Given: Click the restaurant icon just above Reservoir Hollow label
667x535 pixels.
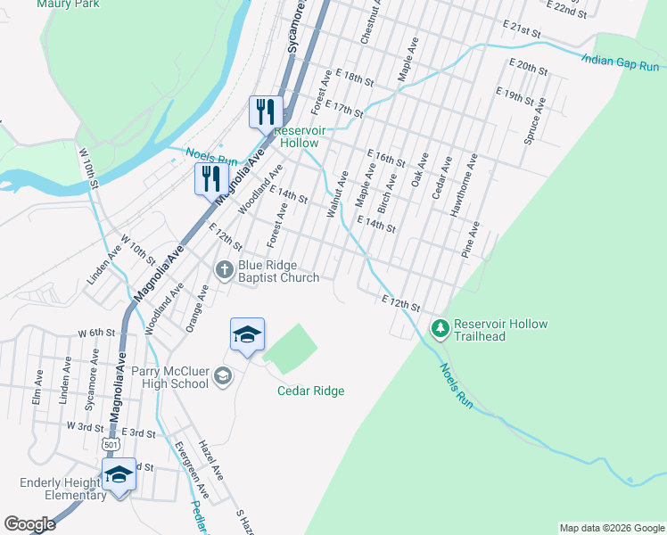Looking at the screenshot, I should pos(265,111).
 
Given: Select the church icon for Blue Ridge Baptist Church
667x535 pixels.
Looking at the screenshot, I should pos(225,268).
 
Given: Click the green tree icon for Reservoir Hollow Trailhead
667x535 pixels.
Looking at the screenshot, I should pos(440,329).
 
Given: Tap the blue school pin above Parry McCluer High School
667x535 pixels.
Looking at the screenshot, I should pos(247,334).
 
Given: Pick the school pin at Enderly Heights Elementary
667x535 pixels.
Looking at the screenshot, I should pos(118,474).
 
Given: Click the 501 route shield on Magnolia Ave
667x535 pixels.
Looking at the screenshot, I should pos(110,443).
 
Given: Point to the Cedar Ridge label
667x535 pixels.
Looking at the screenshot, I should pos(310,391).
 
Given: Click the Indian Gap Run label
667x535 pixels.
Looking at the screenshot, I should pos(622,62).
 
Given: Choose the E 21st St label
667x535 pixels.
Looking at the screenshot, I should pos(521,29).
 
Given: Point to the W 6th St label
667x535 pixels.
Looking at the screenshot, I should pos(97,332).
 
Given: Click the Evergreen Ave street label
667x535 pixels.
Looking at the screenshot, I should pos(192,467).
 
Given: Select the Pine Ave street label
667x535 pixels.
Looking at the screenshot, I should pos(471,240).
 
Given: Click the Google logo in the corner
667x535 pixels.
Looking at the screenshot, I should pos(30,524).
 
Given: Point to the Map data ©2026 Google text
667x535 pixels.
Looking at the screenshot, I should pos(611,528).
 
